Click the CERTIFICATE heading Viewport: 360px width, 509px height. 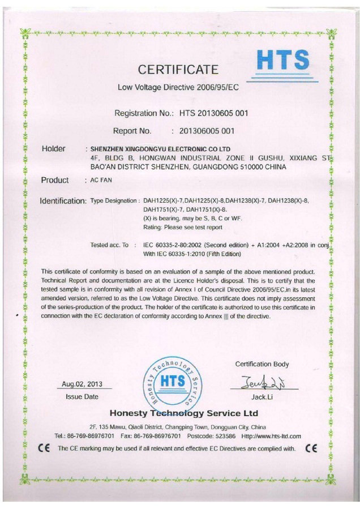click(x=178, y=70)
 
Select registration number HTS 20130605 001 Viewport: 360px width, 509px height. click(x=213, y=113)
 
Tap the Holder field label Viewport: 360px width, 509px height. click(x=54, y=149)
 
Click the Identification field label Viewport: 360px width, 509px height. click(x=63, y=201)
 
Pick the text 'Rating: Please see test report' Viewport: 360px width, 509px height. click(x=183, y=227)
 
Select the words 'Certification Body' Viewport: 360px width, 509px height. click(x=262, y=364)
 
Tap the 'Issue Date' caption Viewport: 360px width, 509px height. click(x=82, y=397)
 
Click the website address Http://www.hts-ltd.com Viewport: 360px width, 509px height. click(x=271, y=436)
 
